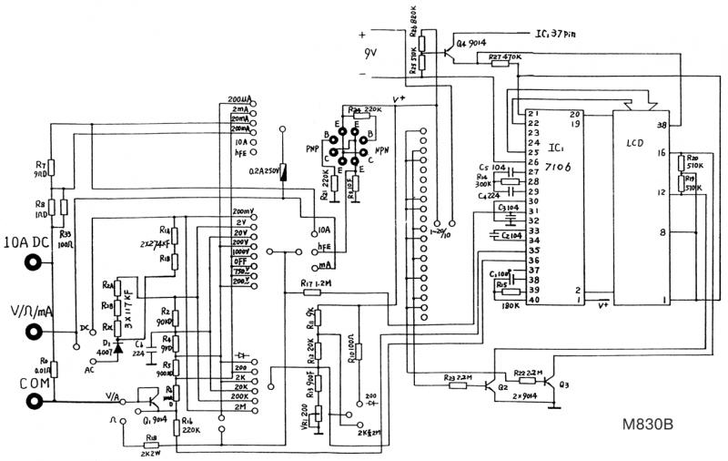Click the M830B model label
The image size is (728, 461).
pyautogui.click(x=649, y=425)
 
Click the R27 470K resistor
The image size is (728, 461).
pyautogui.click(x=496, y=64)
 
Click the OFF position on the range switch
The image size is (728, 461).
pyautogui.click(x=241, y=261)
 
